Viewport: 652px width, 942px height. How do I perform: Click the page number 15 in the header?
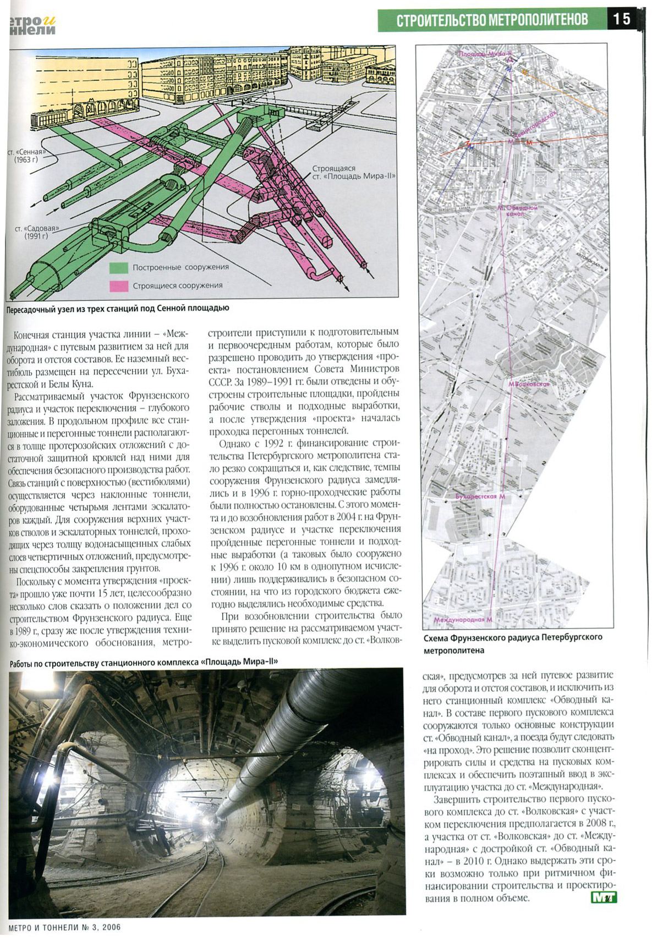[x=622, y=19]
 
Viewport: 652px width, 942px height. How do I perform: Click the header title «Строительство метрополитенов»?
[x=492, y=20]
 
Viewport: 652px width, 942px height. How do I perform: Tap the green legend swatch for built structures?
[x=118, y=268]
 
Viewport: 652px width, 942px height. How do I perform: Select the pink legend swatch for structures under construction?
[x=118, y=285]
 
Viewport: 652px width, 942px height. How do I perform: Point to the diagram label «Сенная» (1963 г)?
[x=26, y=155]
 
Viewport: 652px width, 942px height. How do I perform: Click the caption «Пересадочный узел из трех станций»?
[x=117, y=309]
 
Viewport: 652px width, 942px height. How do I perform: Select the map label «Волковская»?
[x=529, y=384]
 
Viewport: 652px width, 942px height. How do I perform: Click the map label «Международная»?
[x=462, y=619]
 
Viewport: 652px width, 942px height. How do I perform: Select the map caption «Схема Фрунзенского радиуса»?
[x=513, y=643]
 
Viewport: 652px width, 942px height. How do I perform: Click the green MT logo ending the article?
[x=604, y=897]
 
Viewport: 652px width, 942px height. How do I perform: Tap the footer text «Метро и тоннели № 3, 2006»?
[x=65, y=927]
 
